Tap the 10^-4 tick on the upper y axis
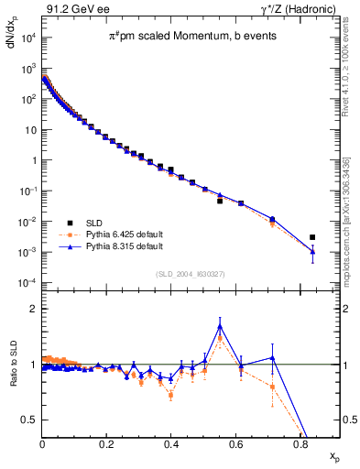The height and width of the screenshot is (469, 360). pos(28,282)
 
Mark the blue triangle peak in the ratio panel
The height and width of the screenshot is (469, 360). pos(220,326)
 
